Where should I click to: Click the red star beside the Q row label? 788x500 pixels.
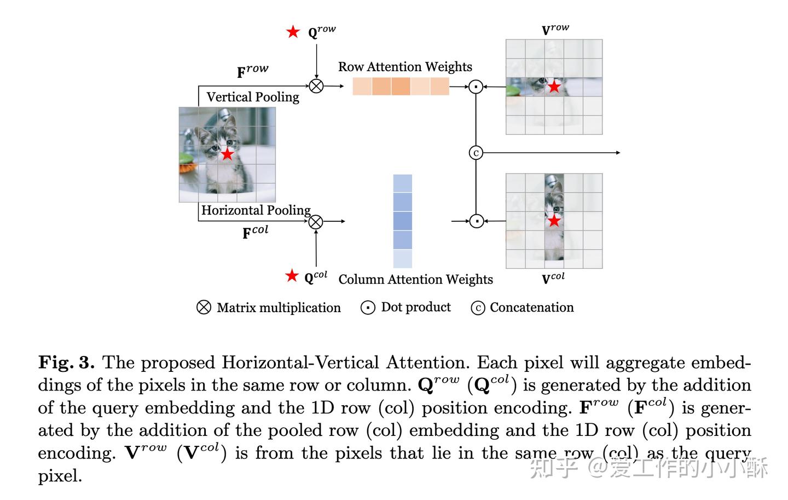(293, 32)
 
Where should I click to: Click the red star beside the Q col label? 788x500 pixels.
(292, 275)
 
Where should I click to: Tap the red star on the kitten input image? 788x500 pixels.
(227, 154)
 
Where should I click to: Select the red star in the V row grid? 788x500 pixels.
(554, 87)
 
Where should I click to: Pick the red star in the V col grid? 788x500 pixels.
(554, 221)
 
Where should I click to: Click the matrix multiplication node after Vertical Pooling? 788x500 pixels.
(316, 86)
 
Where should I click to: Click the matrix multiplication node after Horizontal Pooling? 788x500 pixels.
(316, 222)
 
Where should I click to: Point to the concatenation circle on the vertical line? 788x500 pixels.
(476, 153)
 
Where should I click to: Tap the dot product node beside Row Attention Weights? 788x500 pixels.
(476, 87)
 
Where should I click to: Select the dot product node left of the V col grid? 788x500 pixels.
(477, 221)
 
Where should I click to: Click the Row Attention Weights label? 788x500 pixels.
(405, 67)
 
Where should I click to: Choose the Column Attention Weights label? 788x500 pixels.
(415, 279)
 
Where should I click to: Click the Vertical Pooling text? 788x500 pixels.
(253, 97)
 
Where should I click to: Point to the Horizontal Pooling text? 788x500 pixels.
(256, 210)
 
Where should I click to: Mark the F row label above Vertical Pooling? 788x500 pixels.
(252, 71)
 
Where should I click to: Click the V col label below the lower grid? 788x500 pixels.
(553, 278)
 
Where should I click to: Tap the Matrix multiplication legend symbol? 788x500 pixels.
(204, 307)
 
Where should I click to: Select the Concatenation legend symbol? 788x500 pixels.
(478, 308)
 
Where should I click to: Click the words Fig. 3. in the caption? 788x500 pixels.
(66, 363)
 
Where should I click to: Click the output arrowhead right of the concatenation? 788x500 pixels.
(618, 153)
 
